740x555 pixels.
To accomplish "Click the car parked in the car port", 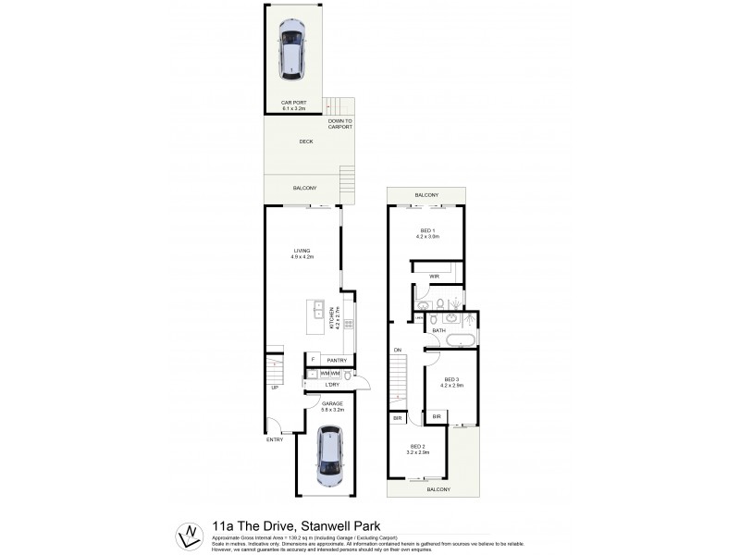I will tap(292, 48).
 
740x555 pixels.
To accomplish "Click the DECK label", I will tap(305, 142).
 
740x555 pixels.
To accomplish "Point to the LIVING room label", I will tap(302, 252).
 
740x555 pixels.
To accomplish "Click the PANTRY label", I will tap(336, 360).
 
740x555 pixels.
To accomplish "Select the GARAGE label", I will tap(332, 404).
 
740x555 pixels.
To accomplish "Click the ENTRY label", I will tap(275, 439).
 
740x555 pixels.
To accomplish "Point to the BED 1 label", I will tap(426, 231).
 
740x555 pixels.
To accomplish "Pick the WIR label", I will tap(433, 277).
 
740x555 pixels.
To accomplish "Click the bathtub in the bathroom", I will tap(460, 342).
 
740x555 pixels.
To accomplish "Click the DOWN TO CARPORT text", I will tap(339, 123).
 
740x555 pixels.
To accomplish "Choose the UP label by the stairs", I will tap(274, 388).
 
